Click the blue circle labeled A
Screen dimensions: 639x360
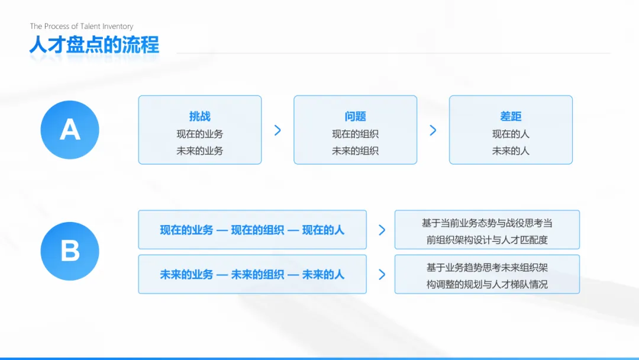click(x=70, y=130)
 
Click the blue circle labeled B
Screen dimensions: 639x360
click(x=70, y=251)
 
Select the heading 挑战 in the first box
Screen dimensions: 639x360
click(x=200, y=117)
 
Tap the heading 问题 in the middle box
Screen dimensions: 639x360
click(x=355, y=117)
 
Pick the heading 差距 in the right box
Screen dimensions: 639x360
click(x=511, y=117)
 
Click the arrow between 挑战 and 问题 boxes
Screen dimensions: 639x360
click(x=277, y=130)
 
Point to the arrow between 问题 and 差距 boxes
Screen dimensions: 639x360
click(x=433, y=130)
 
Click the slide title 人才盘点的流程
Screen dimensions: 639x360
click(x=94, y=45)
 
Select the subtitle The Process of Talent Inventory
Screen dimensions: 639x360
click(x=82, y=26)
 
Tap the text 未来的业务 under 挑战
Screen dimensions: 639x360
click(x=200, y=151)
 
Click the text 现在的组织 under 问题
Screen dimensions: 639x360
click(x=355, y=134)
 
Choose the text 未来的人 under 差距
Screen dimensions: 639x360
click(x=511, y=151)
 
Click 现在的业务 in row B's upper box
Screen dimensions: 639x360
click(x=186, y=230)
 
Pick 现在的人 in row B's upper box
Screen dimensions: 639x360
click(x=323, y=230)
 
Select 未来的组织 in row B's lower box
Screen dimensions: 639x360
click(x=257, y=275)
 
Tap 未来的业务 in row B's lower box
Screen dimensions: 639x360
click(x=186, y=275)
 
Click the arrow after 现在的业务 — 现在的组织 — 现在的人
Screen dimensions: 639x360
click(x=382, y=230)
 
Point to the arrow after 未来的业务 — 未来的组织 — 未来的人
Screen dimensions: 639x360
click(x=382, y=275)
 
